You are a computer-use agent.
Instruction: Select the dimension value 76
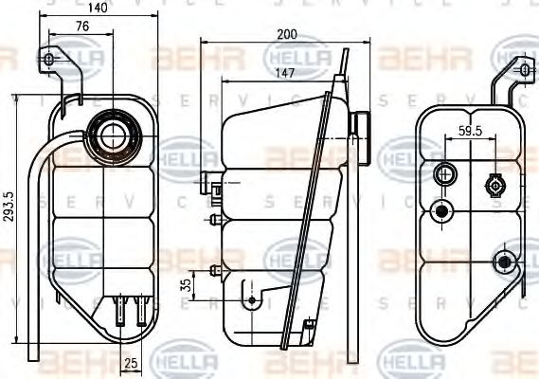(82, 26)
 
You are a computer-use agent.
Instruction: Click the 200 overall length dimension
(287, 34)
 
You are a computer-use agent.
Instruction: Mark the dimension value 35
(186, 283)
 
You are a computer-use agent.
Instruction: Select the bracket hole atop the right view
(520, 69)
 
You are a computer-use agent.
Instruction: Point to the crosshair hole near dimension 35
(252, 299)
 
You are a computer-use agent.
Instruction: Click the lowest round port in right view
(504, 261)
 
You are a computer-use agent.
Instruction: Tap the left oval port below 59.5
(443, 174)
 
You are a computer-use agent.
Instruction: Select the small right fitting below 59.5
(493, 182)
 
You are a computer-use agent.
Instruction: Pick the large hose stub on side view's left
(210, 179)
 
